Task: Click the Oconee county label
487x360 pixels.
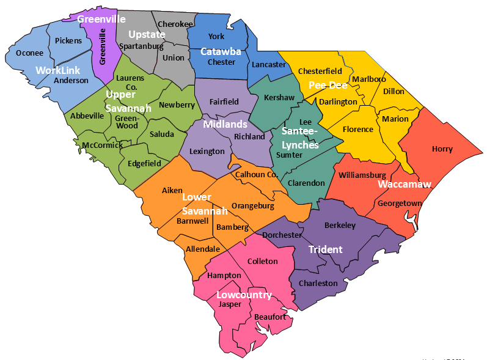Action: pyautogui.click(x=29, y=53)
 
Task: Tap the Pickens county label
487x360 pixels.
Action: pyautogui.click(x=68, y=41)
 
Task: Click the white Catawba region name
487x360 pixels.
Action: pyautogui.click(x=221, y=52)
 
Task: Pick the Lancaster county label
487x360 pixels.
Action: pyautogui.click(x=269, y=64)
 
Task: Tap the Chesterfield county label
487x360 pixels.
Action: pyautogui.click(x=320, y=72)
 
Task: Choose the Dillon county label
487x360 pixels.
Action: pyautogui.click(x=394, y=92)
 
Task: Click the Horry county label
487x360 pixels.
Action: pyautogui.click(x=442, y=149)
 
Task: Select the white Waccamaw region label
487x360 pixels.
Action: pyautogui.click(x=405, y=184)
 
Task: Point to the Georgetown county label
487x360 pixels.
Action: pyautogui.click(x=400, y=203)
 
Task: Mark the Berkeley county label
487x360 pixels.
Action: pyautogui.click(x=340, y=226)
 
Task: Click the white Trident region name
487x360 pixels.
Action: pyautogui.click(x=325, y=249)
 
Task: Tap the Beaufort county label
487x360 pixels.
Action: pyautogui.click(x=269, y=317)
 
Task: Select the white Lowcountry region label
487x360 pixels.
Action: pyautogui.click(x=244, y=295)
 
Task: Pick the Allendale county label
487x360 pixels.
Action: pyautogui.click(x=203, y=249)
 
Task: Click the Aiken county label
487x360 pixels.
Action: pyautogui.click(x=172, y=190)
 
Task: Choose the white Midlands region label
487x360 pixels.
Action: pyautogui.click(x=225, y=124)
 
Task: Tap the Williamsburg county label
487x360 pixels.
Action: pyautogui.click(x=362, y=175)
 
